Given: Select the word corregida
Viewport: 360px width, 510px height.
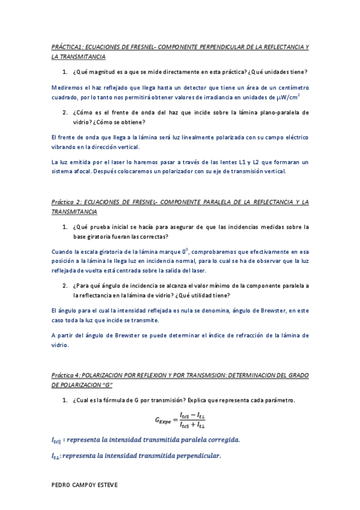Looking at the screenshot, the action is point(220,440).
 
